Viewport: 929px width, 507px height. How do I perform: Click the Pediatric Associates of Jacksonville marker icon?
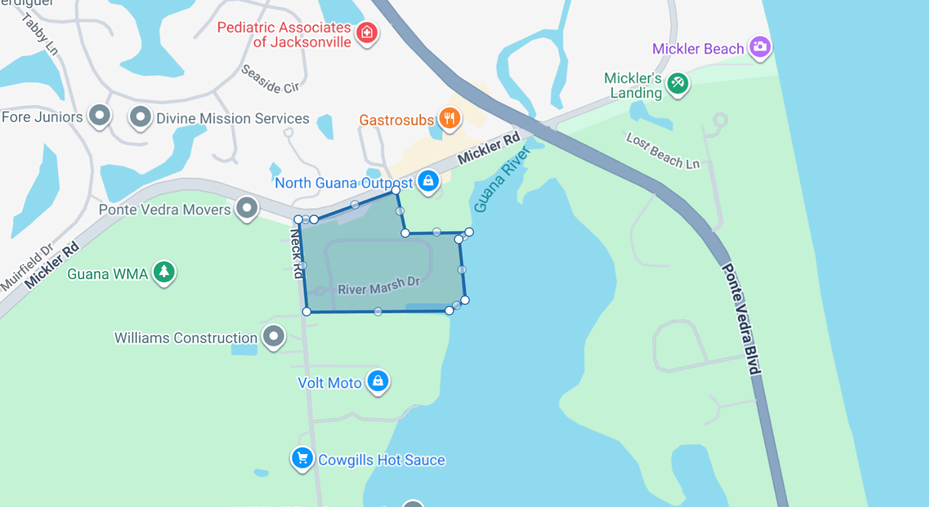click(367, 32)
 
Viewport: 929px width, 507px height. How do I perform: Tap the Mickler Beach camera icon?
click(760, 47)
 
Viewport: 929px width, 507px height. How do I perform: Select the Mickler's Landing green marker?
click(678, 82)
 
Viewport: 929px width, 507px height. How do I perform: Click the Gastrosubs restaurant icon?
click(450, 118)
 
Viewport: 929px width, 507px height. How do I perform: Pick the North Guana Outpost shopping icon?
click(428, 181)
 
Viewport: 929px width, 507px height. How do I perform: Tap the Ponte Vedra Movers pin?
click(247, 208)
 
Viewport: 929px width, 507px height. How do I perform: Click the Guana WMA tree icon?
click(165, 272)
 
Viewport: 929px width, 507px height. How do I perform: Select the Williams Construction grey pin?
click(274, 336)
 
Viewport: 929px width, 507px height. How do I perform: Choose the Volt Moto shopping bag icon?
click(377, 381)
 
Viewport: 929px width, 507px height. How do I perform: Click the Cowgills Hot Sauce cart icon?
click(302, 458)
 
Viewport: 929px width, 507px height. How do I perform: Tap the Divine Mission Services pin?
click(139, 116)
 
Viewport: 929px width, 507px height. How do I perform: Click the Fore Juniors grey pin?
click(99, 115)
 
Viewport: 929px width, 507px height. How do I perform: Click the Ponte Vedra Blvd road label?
click(741, 319)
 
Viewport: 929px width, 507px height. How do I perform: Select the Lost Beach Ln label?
click(663, 151)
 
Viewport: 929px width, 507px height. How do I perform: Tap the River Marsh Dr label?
click(379, 287)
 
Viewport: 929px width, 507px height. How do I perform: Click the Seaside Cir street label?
click(270, 80)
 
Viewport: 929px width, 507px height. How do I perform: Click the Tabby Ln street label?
click(40, 33)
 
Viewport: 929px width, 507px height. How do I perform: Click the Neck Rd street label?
click(296, 254)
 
